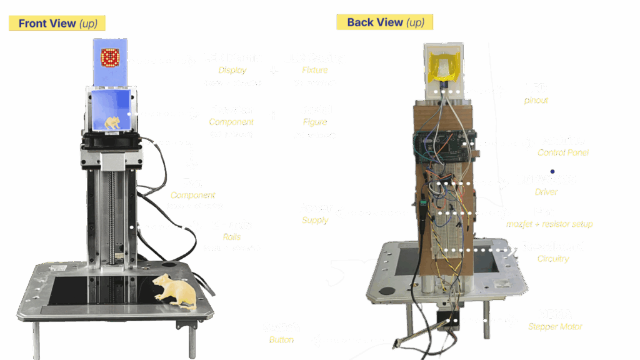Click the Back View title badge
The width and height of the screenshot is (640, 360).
tap(385, 22)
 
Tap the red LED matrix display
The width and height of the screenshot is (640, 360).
tap(111, 58)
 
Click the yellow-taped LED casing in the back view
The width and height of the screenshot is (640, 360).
tap(444, 64)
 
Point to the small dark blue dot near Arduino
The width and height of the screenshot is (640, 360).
tap(552, 171)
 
